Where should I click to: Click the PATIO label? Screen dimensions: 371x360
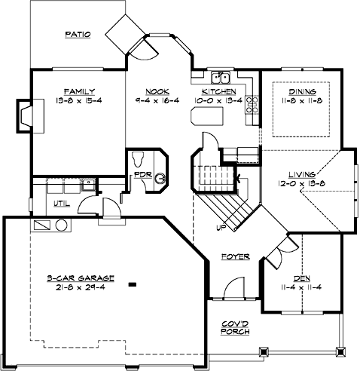click(78, 35)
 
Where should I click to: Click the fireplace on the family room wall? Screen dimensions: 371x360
click(24, 115)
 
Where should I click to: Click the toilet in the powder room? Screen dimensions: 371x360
click(139, 160)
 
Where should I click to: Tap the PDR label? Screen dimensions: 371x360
click(143, 176)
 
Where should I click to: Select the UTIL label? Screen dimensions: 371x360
click(62, 204)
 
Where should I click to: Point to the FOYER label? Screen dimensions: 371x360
click(235, 257)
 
